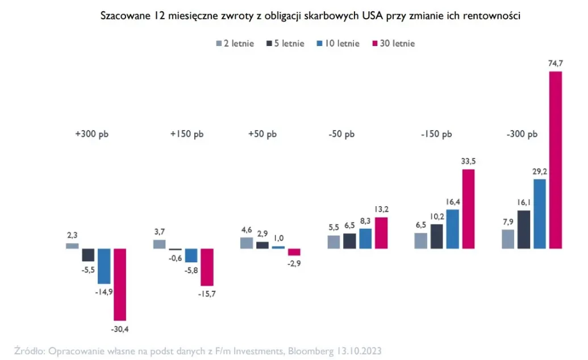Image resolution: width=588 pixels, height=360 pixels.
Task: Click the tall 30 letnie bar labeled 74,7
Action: point(554,160)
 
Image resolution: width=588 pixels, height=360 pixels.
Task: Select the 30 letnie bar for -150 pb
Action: point(468,208)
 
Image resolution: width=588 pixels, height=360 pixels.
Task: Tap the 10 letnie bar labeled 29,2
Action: point(539,214)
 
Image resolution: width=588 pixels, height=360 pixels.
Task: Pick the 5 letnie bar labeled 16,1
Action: point(524,229)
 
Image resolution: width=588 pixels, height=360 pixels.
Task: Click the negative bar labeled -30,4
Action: point(120,284)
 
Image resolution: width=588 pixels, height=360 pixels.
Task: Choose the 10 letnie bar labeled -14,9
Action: point(104,266)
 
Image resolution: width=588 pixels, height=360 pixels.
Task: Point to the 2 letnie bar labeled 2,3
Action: point(72,246)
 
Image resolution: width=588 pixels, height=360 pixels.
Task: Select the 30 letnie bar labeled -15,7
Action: point(207,267)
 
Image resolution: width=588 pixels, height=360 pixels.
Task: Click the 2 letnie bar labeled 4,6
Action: point(247,243)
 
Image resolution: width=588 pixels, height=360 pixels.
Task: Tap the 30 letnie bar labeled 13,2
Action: point(381,233)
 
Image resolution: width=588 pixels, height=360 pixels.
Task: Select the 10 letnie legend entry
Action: point(339,43)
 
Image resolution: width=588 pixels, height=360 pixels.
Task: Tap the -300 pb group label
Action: point(520,135)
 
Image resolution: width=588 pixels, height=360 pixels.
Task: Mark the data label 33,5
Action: point(468,161)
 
